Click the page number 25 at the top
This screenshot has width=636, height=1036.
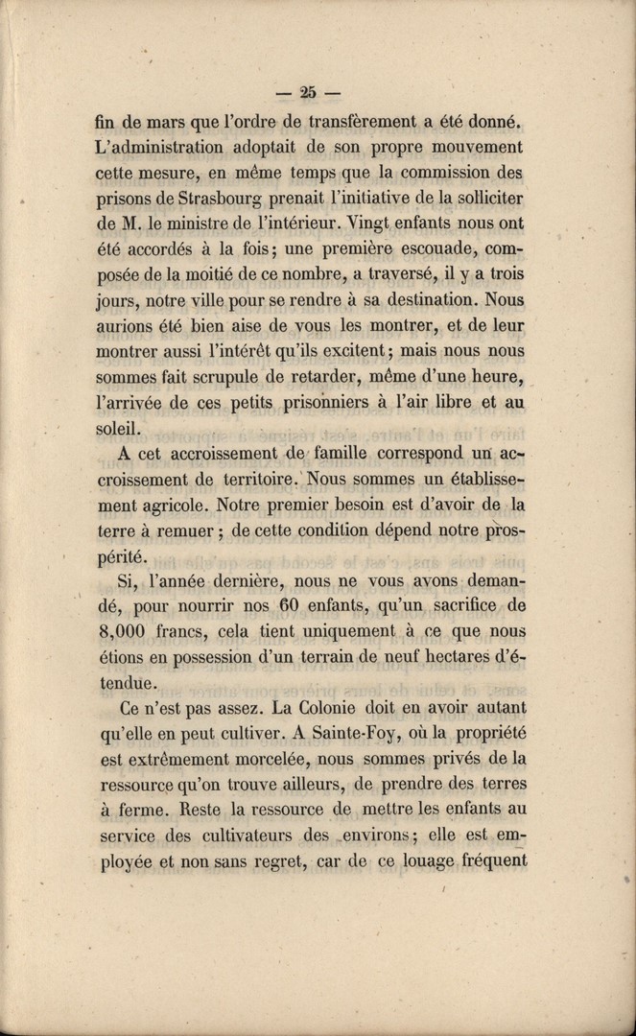click(x=308, y=93)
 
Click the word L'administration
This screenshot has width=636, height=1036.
click(x=160, y=148)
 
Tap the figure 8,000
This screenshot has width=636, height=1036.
click(x=128, y=631)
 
